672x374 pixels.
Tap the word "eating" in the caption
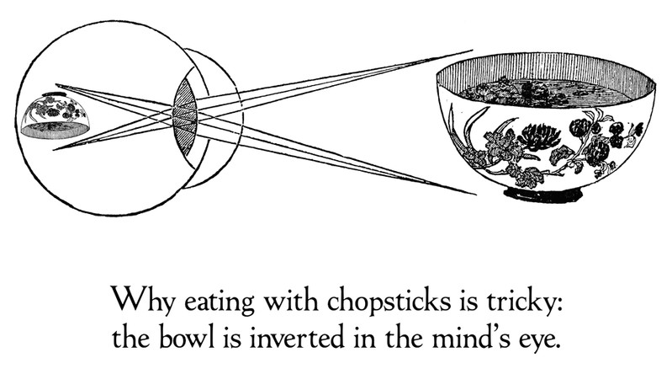[x=219, y=301]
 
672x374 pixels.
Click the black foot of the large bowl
[x=543, y=194]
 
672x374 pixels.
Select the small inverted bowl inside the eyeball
[x=56, y=116]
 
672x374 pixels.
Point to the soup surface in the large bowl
[x=545, y=93]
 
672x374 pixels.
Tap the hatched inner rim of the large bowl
[x=545, y=69]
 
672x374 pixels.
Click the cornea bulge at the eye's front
[x=220, y=118]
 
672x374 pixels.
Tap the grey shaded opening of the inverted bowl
[x=55, y=130]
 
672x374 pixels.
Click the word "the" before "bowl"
[x=130, y=337]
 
